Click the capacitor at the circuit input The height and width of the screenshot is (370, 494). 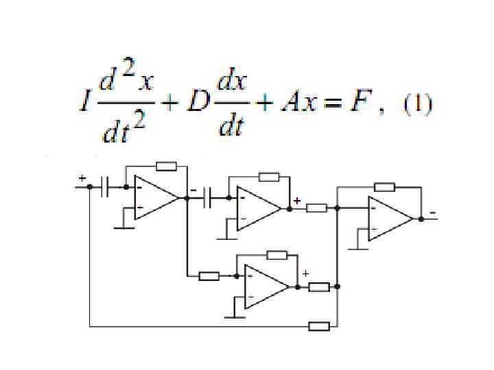[104, 186]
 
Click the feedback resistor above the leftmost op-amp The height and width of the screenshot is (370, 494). [166, 166]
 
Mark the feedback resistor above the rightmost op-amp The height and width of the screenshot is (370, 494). [384, 186]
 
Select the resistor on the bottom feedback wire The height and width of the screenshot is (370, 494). [319, 326]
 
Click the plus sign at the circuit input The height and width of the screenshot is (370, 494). [82, 178]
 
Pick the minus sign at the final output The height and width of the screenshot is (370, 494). [432, 213]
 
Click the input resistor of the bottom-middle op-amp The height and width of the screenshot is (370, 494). [209, 276]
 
